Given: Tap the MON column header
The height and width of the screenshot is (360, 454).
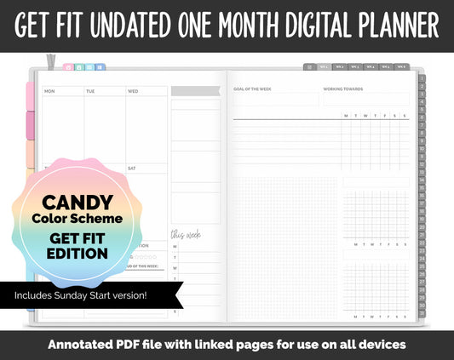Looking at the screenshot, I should point(49,91).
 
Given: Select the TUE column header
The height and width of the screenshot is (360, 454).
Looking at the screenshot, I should point(90,91).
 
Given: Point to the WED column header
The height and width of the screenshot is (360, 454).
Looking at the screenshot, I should point(133,91).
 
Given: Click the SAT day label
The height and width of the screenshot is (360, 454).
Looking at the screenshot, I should point(132,169).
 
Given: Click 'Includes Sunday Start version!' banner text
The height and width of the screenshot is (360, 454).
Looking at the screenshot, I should point(79,295).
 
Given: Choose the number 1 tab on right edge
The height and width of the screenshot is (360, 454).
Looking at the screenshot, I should point(422,78).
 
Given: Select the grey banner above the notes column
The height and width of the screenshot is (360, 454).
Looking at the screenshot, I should point(195,90).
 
